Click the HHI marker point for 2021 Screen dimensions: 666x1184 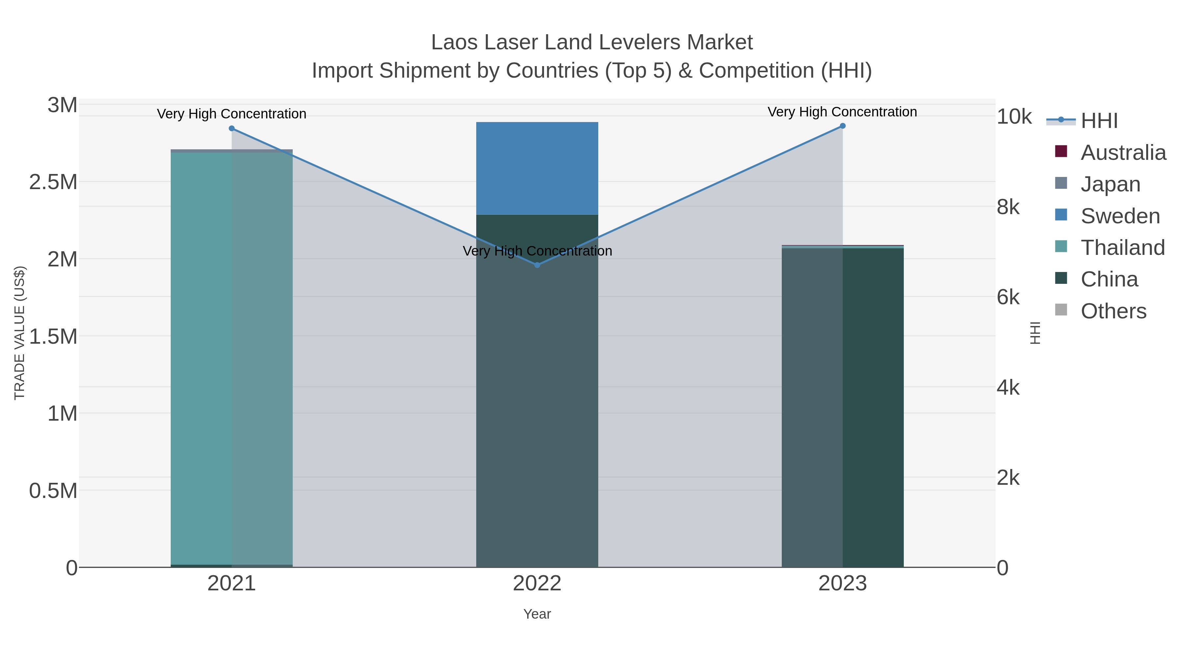tap(232, 128)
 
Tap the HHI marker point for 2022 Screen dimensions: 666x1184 tap(537, 265)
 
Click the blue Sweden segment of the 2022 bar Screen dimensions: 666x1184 tap(537, 168)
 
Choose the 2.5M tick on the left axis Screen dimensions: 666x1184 tap(53, 182)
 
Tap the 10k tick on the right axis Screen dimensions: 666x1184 tap(1014, 117)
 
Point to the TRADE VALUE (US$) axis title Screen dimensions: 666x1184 tap(19, 333)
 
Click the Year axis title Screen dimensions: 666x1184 tap(537, 614)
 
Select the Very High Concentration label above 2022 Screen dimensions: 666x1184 tap(537, 251)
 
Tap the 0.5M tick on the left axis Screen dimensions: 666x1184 tap(53, 491)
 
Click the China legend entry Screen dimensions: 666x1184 tap(1109, 280)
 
